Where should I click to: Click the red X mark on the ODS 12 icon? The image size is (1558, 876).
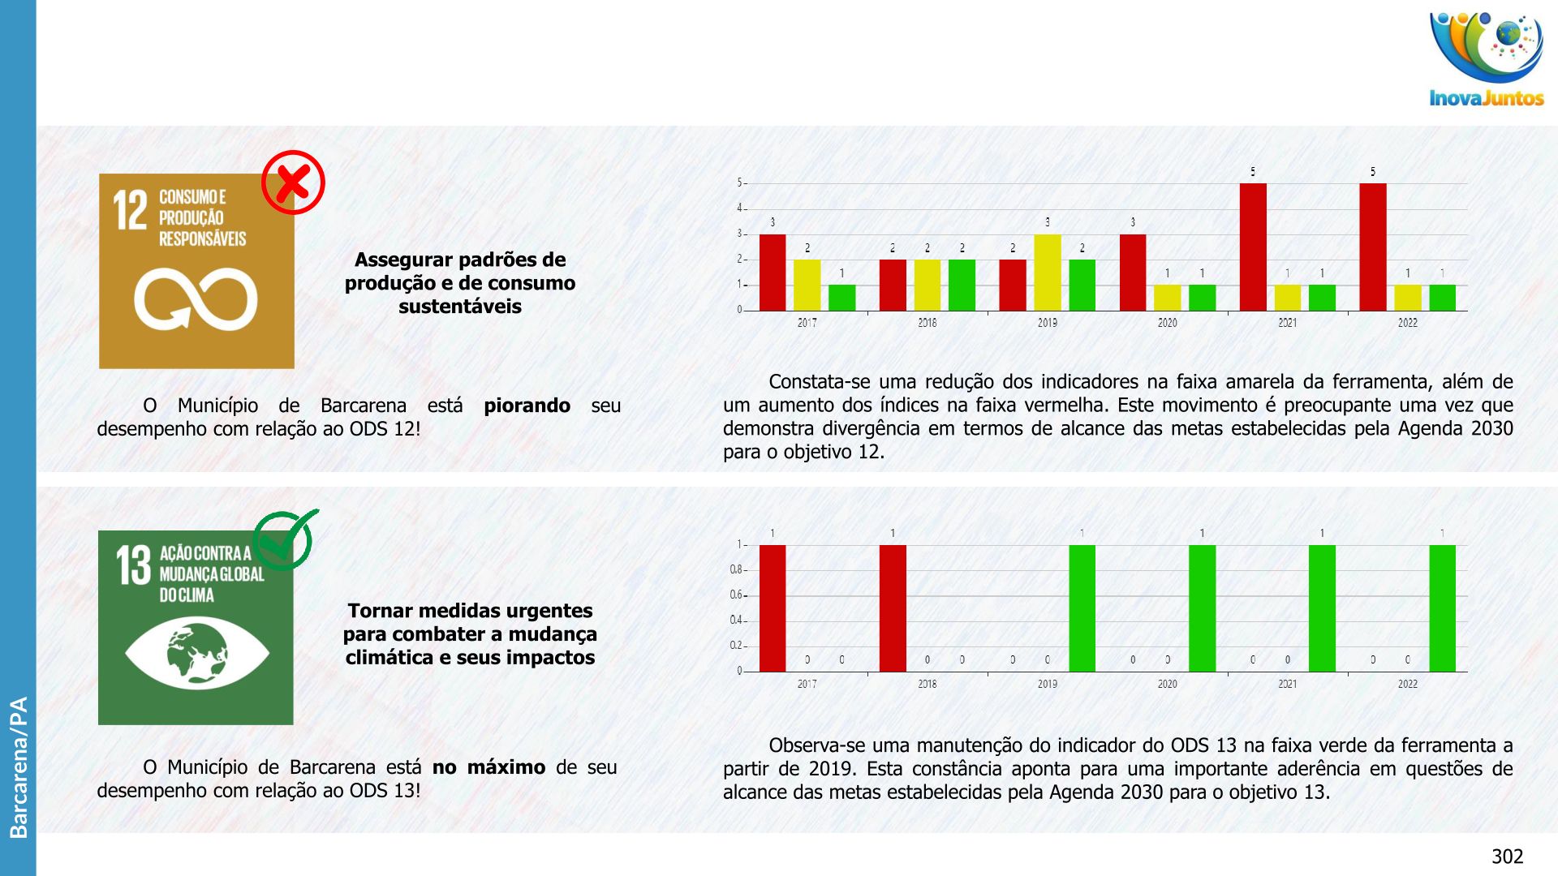293,182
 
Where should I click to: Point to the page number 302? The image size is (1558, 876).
1507,857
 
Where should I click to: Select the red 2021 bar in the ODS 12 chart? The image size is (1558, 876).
1253,247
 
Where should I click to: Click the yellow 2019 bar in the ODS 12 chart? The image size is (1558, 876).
1047,273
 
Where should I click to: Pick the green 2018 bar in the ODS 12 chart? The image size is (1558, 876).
962,285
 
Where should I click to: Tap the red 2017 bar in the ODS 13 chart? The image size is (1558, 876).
773,608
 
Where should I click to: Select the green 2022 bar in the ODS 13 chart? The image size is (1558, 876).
1442,608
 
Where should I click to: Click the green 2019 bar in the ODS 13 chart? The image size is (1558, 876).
1082,608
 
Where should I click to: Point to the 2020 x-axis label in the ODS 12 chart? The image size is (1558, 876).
1167,323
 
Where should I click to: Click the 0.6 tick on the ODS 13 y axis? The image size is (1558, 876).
736,595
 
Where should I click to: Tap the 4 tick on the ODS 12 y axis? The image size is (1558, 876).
740,208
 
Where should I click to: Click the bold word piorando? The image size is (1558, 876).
527,406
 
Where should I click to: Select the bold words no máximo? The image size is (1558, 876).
488,767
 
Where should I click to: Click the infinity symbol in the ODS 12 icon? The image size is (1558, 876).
196,299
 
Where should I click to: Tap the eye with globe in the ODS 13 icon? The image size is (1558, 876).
197,652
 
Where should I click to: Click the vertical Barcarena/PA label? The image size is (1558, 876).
18,766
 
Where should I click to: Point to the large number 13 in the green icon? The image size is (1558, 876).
133,565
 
